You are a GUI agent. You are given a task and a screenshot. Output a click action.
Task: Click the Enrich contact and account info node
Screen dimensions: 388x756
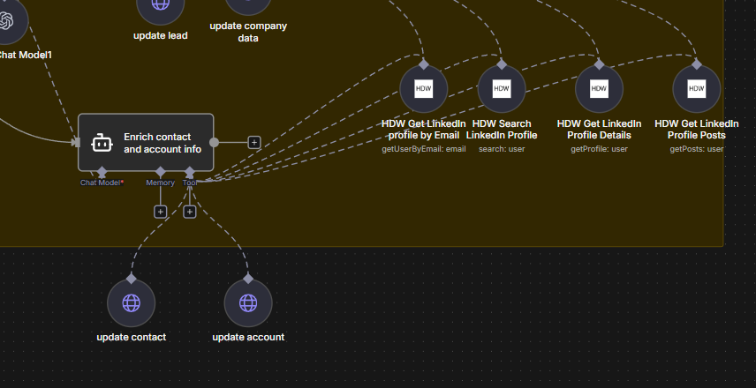[x=146, y=142]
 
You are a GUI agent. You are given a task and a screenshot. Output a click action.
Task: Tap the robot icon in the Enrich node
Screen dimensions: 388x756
[x=102, y=143]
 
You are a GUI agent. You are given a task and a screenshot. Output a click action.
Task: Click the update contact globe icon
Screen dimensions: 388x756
[x=131, y=303]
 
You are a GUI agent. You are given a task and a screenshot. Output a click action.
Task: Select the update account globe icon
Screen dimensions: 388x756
[x=248, y=303]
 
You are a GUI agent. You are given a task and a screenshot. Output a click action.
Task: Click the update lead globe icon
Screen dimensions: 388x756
[x=161, y=5]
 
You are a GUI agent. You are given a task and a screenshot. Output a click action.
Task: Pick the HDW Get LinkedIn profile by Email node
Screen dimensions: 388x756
[x=423, y=89]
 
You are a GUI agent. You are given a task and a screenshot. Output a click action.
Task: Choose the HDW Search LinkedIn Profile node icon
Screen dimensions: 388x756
[x=501, y=89]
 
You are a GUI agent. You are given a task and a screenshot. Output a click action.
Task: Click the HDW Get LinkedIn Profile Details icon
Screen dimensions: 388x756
[x=599, y=89]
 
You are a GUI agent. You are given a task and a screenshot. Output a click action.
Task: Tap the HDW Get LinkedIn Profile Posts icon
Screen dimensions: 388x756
[x=696, y=89]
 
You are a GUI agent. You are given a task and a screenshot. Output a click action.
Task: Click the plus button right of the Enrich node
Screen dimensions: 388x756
[x=254, y=142]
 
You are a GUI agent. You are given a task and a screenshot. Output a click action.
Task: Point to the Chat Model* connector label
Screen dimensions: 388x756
[x=102, y=183]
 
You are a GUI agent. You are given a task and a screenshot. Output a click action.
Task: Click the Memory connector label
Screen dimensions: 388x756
[x=160, y=183]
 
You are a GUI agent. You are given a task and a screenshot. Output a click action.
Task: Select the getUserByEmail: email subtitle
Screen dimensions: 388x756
[x=423, y=149]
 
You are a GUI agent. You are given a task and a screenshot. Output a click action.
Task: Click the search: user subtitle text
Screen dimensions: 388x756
[x=501, y=149]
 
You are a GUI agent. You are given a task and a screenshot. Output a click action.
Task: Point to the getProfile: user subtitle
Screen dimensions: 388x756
[x=599, y=149]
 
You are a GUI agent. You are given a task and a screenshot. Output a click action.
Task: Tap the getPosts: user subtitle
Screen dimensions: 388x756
[x=696, y=149]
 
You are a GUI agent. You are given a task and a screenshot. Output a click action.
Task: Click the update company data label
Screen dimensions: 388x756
[x=248, y=32]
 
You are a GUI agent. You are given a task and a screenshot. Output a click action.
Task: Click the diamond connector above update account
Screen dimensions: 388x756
[x=248, y=279]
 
